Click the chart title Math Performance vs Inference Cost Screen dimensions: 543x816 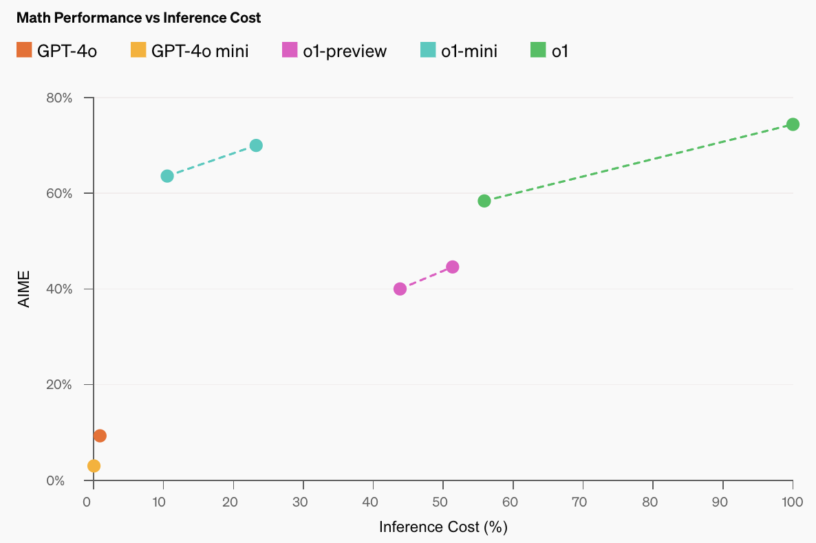(x=138, y=18)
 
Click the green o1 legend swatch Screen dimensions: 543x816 (x=537, y=50)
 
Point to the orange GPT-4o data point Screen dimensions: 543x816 (x=100, y=436)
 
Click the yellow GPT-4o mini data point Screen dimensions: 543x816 (x=94, y=466)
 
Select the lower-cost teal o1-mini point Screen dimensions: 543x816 (x=167, y=176)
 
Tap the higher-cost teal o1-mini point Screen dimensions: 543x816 (x=256, y=146)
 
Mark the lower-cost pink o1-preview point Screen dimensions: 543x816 (x=400, y=289)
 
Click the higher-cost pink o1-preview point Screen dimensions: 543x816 (x=453, y=267)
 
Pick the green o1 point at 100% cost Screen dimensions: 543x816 (x=793, y=124)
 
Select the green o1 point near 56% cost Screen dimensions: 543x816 (x=484, y=201)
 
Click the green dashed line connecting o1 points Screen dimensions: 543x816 (x=638, y=163)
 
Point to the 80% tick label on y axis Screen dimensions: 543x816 (x=59, y=98)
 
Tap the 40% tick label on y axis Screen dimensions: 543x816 (x=59, y=289)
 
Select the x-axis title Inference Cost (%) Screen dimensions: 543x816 (x=443, y=527)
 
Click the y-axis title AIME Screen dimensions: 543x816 (x=25, y=289)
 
